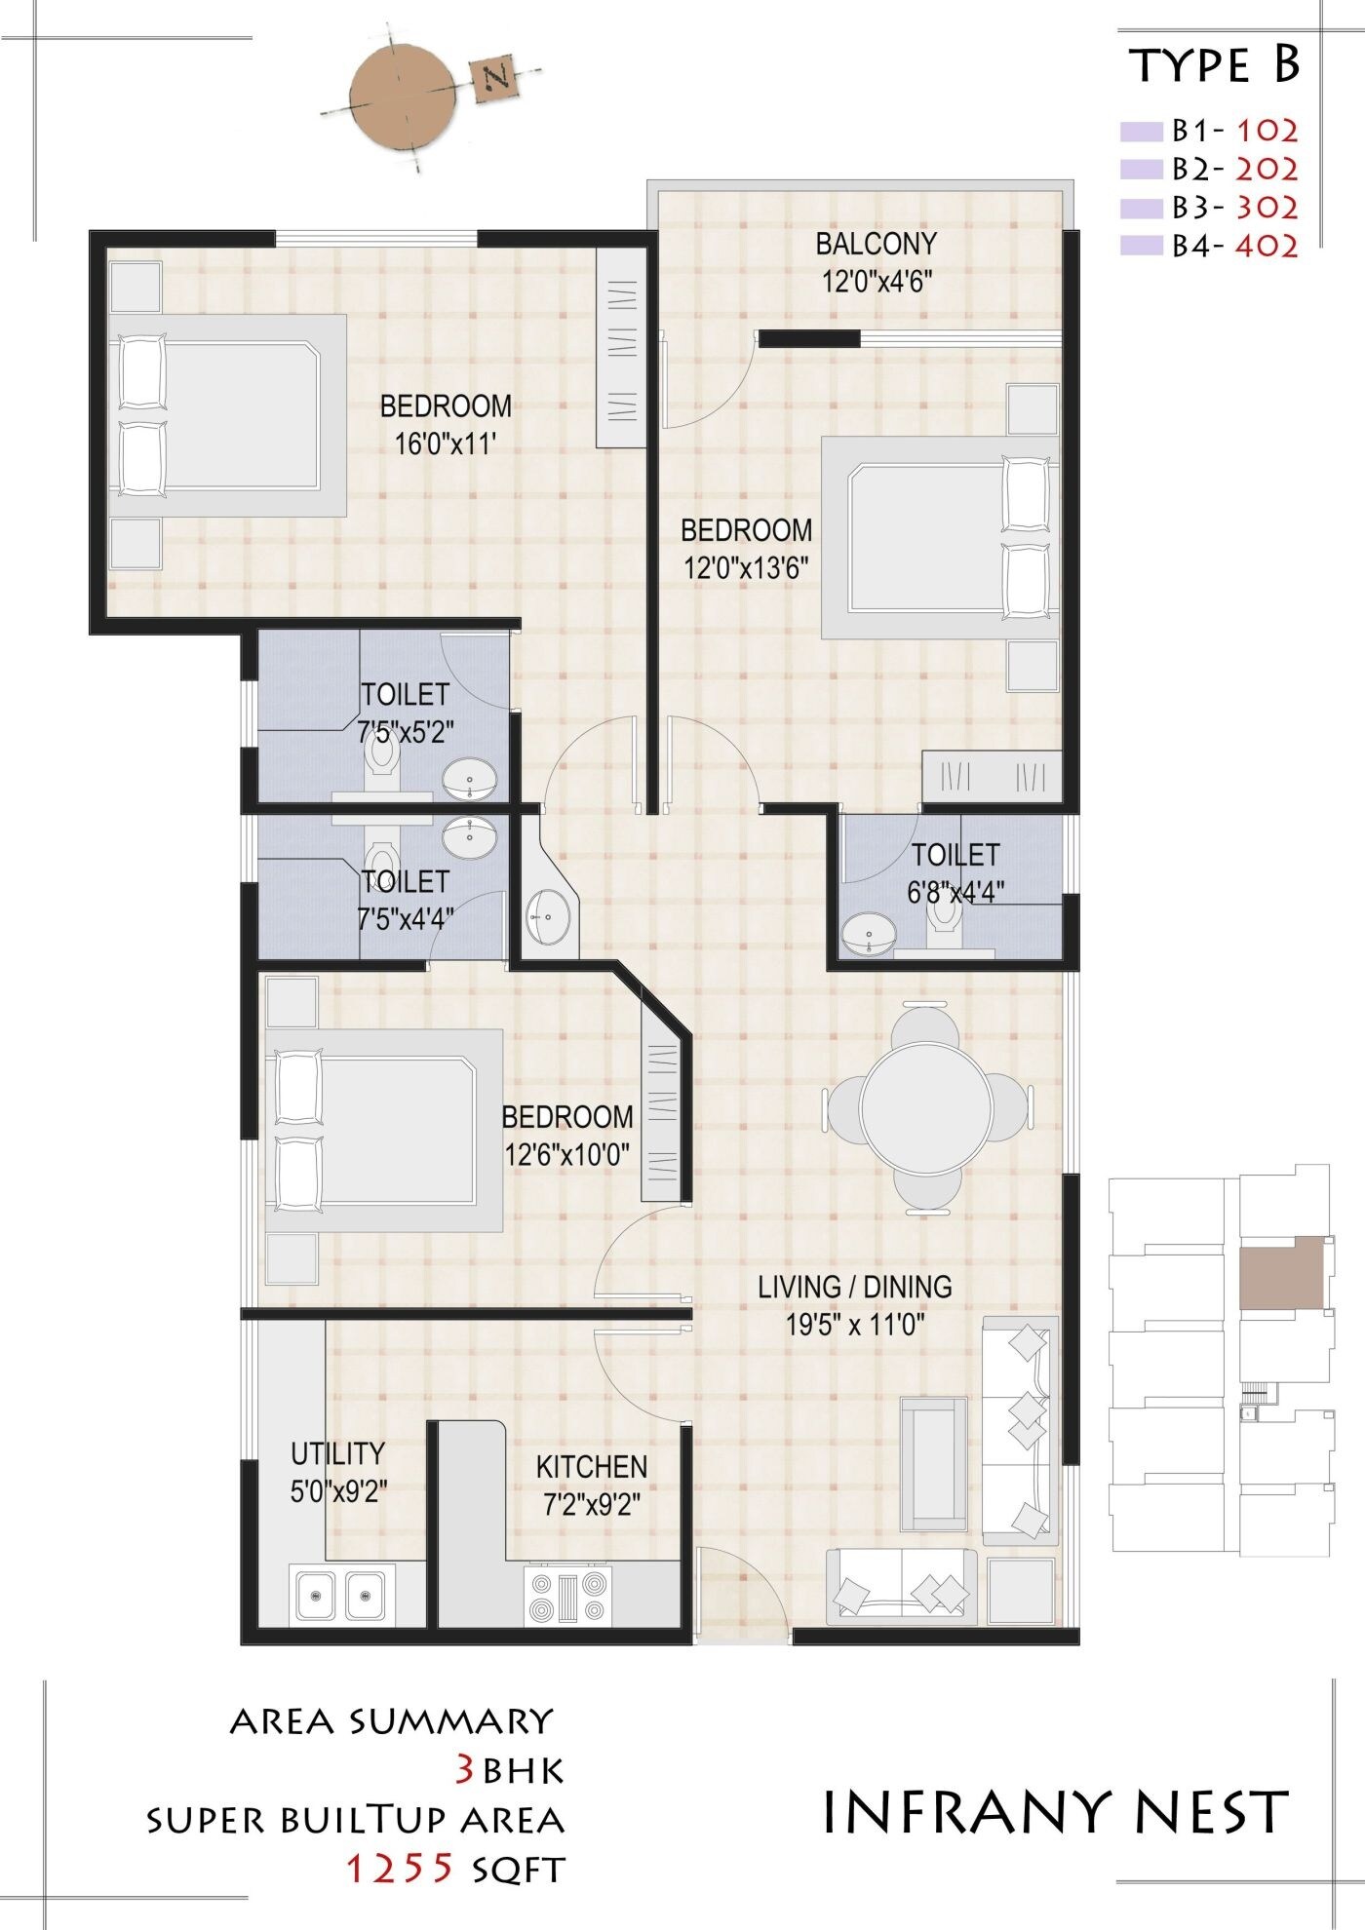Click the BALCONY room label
[876, 244]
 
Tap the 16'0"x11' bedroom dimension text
[446, 444]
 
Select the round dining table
[925, 1108]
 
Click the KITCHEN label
[591, 1466]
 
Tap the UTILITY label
[337, 1452]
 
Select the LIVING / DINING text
[854, 1287]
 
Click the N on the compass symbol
[495, 77]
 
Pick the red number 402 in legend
[1267, 246]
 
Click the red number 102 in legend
[1267, 130]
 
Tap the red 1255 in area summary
[401, 1868]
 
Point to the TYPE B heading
[1214, 64]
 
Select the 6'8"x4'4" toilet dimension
[955, 892]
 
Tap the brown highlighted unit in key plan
[1281, 1272]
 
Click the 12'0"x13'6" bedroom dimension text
[746, 567]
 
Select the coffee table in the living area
[934, 1463]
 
